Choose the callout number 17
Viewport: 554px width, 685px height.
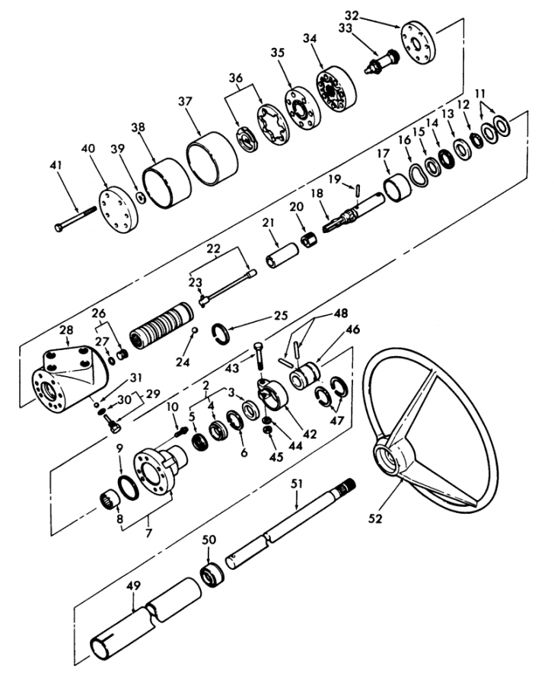[383, 154]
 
